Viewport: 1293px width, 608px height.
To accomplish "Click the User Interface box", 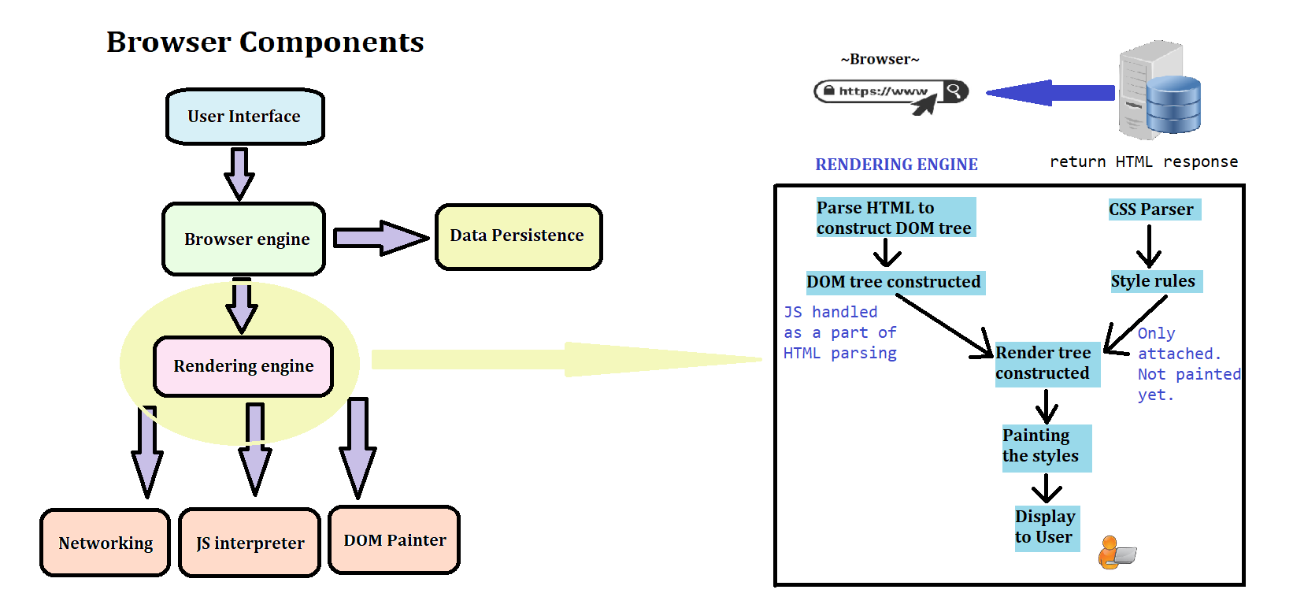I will pyautogui.click(x=245, y=117).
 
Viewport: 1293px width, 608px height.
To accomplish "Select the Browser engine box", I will pyautogui.click(x=244, y=239).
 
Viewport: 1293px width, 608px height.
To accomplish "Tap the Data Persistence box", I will pyautogui.click(x=518, y=236).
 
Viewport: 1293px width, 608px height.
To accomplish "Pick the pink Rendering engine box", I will pyautogui.click(x=243, y=366).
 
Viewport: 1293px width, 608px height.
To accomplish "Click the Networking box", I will pyautogui.click(x=106, y=543).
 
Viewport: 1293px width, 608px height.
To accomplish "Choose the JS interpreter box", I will pyautogui.click(x=250, y=543).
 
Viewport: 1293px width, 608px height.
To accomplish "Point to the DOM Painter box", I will pyautogui.click(x=395, y=540).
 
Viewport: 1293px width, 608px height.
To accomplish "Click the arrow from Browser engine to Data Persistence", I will pyautogui.click(x=380, y=238).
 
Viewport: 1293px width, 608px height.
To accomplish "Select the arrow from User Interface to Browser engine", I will pyautogui.click(x=239, y=173).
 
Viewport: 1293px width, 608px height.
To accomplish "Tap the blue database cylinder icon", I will pyautogui.click(x=1173, y=105).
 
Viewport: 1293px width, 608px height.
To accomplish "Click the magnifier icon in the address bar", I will pyautogui.click(x=954, y=91).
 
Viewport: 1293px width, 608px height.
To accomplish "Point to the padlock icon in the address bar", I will pyautogui.click(x=828, y=91).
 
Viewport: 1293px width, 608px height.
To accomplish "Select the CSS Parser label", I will pyautogui.click(x=1151, y=209).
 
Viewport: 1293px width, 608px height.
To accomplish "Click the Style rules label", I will pyautogui.click(x=1154, y=281).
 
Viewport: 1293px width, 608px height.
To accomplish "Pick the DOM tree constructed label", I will pyautogui.click(x=894, y=282).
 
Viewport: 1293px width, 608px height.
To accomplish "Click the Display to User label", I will pyautogui.click(x=1046, y=528).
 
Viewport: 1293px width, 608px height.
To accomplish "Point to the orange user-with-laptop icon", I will pyautogui.click(x=1116, y=553).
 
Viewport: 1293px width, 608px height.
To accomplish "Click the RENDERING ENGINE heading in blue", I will pyautogui.click(x=896, y=165).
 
